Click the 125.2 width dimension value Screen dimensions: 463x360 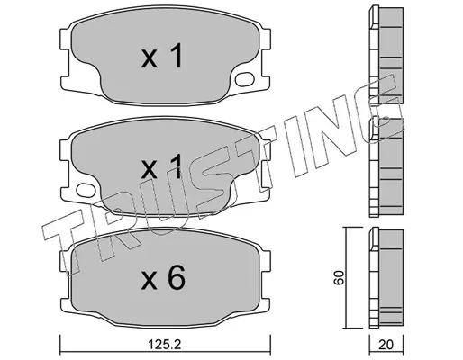(165, 345)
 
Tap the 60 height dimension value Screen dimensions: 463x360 (340, 277)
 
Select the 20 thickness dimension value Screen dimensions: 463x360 (386, 345)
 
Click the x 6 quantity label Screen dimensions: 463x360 (163, 278)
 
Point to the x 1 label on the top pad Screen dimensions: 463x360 (162, 56)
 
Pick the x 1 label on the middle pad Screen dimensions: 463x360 (162, 166)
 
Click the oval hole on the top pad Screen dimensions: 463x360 (245, 79)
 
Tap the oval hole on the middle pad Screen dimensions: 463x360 (86, 190)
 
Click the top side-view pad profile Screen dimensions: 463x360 (386, 55)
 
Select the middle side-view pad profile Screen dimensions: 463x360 (386, 167)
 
